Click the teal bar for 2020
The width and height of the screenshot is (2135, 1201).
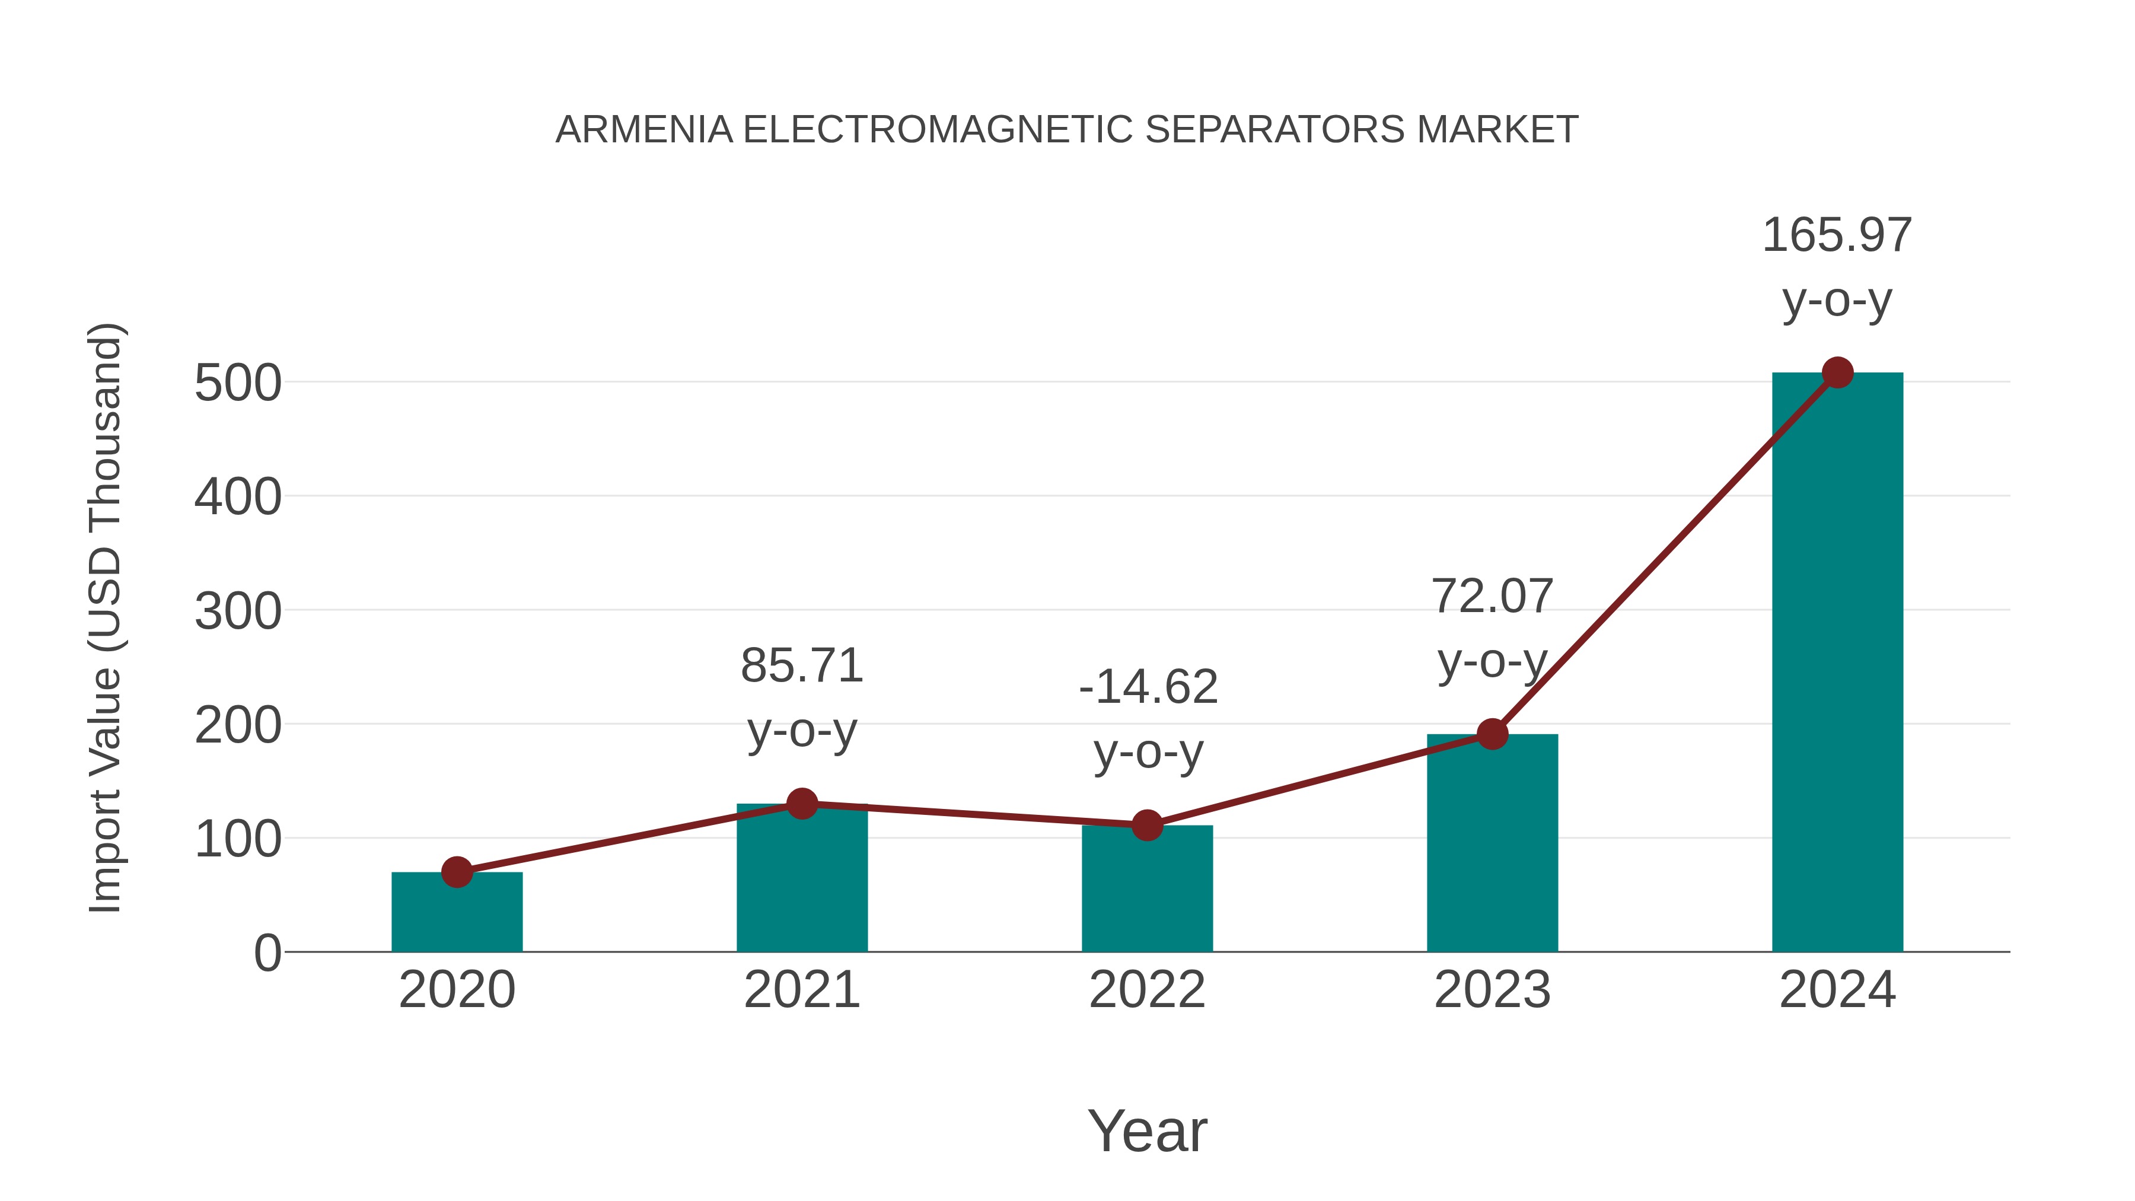[x=457, y=912]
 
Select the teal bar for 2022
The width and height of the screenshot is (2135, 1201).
[x=1147, y=888]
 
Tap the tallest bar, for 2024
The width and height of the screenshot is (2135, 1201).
[x=1837, y=663]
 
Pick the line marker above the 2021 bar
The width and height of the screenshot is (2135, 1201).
[x=801, y=803]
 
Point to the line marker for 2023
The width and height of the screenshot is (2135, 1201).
[x=1492, y=734]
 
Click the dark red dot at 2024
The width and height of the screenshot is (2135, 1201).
[x=1837, y=373]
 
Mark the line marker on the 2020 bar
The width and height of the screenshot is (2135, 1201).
[x=457, y=872]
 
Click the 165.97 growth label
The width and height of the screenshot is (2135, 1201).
[x=1837, y=235]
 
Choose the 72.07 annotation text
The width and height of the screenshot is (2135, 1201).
[x=1492, y=597]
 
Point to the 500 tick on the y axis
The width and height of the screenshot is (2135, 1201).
[x=238, y=384]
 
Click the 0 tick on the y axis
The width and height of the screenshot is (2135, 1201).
[x=267, y=953]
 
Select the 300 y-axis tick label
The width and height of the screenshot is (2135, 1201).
[x=238, y=613]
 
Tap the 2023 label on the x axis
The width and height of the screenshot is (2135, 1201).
[x=1492, y=990]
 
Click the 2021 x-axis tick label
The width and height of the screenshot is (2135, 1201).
[x=801, y=990]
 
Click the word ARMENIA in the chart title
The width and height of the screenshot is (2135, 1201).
[x=644, y=130]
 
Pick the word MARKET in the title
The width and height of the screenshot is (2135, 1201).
[x=1497, y=130]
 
